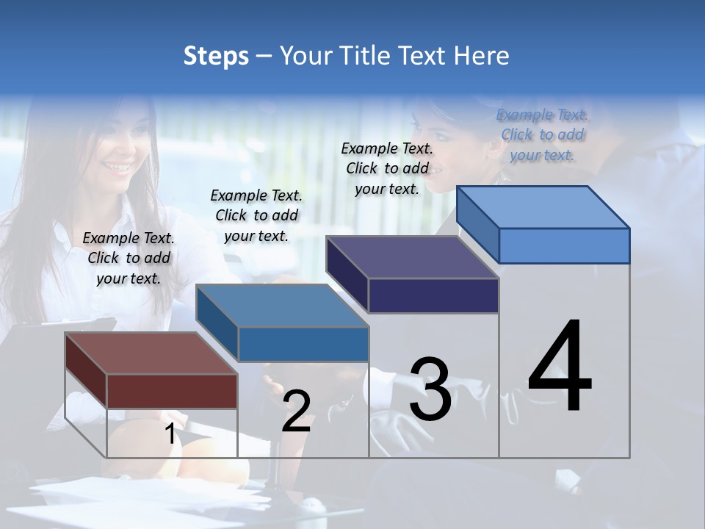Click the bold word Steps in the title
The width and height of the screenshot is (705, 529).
coord(216,56)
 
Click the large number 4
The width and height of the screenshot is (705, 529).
coord(560,367)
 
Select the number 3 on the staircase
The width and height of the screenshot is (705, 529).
coord(430,389)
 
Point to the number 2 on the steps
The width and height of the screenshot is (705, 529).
coord(296,411)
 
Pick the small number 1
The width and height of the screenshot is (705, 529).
coord(170,434)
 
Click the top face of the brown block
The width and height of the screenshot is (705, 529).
coord(151,353)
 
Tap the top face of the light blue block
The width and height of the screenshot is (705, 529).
coord(543,206)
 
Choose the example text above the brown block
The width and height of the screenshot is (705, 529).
coord(129,258)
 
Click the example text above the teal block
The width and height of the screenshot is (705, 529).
coord(256,215)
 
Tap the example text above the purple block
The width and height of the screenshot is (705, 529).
coord(387,168)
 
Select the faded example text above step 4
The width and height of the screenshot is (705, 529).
coord(543,134)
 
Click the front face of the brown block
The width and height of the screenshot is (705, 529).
coord(172,391)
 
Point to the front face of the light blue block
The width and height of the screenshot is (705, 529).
coord(564,245)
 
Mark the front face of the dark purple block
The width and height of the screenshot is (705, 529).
coord(433,296)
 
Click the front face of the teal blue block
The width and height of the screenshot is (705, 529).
coord(303,344)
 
